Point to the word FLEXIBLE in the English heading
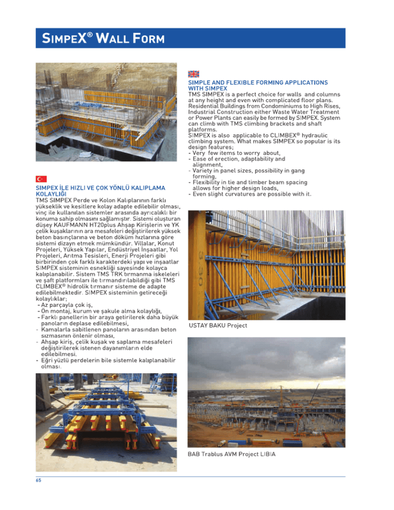coord(251,82)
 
